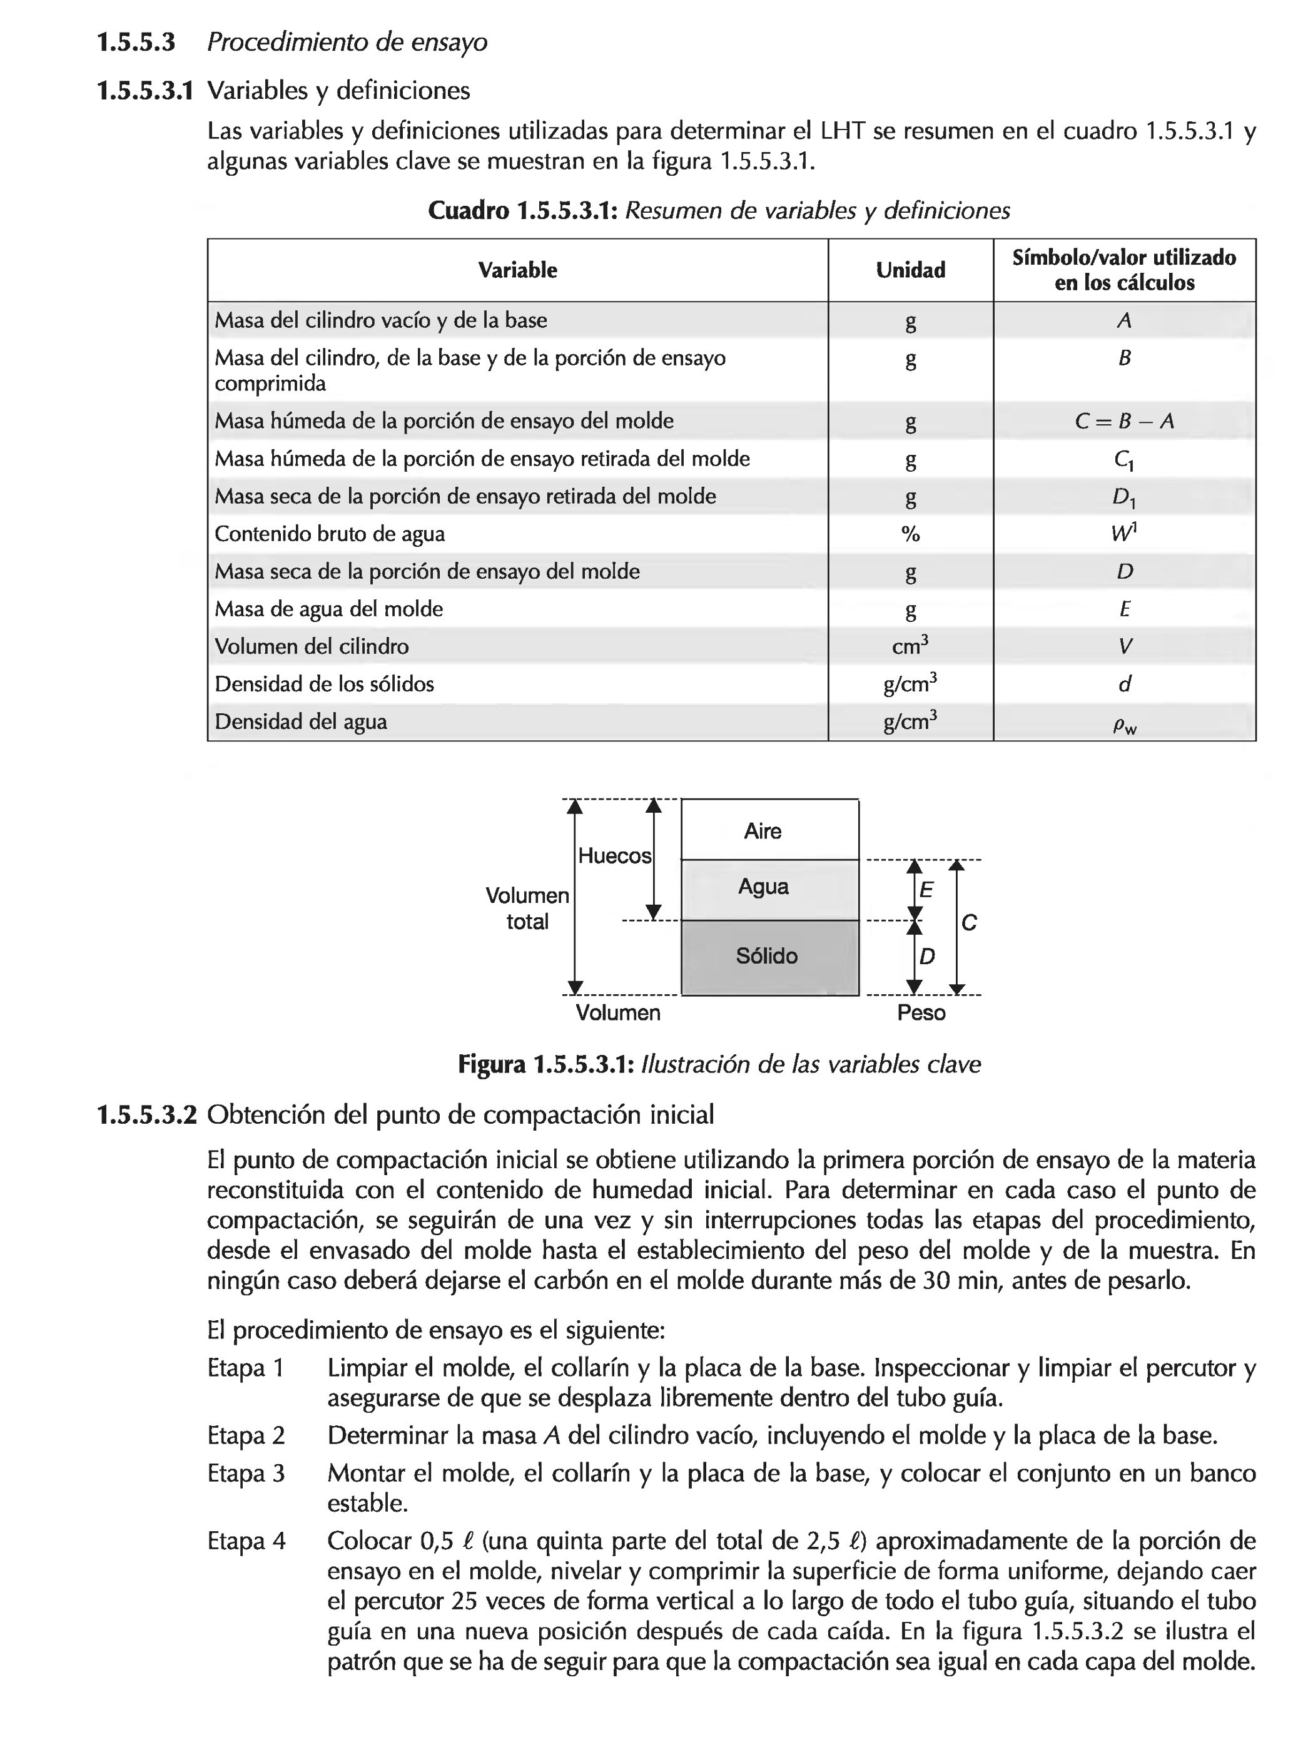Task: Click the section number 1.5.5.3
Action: coord(135,43)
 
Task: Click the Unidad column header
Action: coord(910,270)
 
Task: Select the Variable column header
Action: coord(517,270)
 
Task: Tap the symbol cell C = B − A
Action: coord(1123,422)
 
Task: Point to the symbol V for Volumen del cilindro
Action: coord(1123,647)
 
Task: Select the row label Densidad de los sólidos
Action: coord(323,684)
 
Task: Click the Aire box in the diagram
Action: coord(762,831)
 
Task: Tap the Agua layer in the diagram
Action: coord(763,887)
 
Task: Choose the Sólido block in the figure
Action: coord(766,955)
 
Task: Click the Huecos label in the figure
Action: coord(614,855)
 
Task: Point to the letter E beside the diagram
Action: coord(926,890)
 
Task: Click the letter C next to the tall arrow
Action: coord(969,923)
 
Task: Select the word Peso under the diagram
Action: coord(920,1012)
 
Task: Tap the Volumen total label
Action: coord(526,908)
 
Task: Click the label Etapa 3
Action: coord(245,1472)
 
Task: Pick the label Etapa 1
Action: coord(245,1367)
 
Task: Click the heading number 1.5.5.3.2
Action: coord(145,1114)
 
